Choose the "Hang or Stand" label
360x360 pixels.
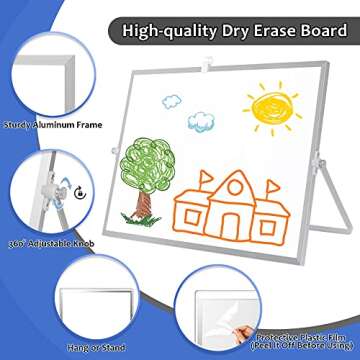[x=49, y=345]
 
